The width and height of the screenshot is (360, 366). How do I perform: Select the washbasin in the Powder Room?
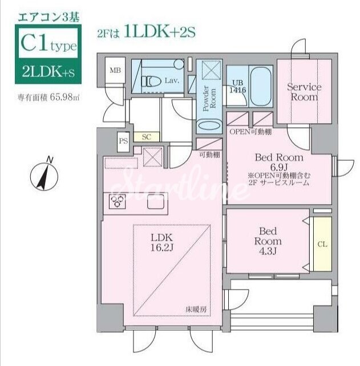pos(209,125)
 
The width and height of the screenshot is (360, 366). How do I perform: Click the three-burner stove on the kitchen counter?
pos(118,202)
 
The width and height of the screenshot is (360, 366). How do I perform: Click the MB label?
pos(115,70)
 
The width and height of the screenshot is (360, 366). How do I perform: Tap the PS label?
pos(123,141)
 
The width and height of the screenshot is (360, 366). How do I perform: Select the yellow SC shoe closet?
pos(147,137)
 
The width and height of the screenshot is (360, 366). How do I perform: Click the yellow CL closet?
pos(322,244)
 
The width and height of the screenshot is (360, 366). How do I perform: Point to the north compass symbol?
pos(44,174)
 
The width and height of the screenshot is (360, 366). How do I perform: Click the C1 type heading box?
pos(48,42)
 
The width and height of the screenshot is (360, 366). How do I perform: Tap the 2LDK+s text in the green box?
pos(48,71)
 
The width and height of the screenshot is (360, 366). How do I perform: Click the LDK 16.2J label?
pos(161,243)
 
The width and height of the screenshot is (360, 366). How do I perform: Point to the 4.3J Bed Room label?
pos(268,241)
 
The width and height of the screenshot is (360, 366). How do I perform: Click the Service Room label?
pos(304,92)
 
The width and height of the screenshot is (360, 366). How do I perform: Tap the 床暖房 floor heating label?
pos(196,310)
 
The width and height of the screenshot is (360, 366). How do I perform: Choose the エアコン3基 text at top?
pos(48,18)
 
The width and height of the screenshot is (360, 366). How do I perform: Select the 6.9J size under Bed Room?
pos(279,167)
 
